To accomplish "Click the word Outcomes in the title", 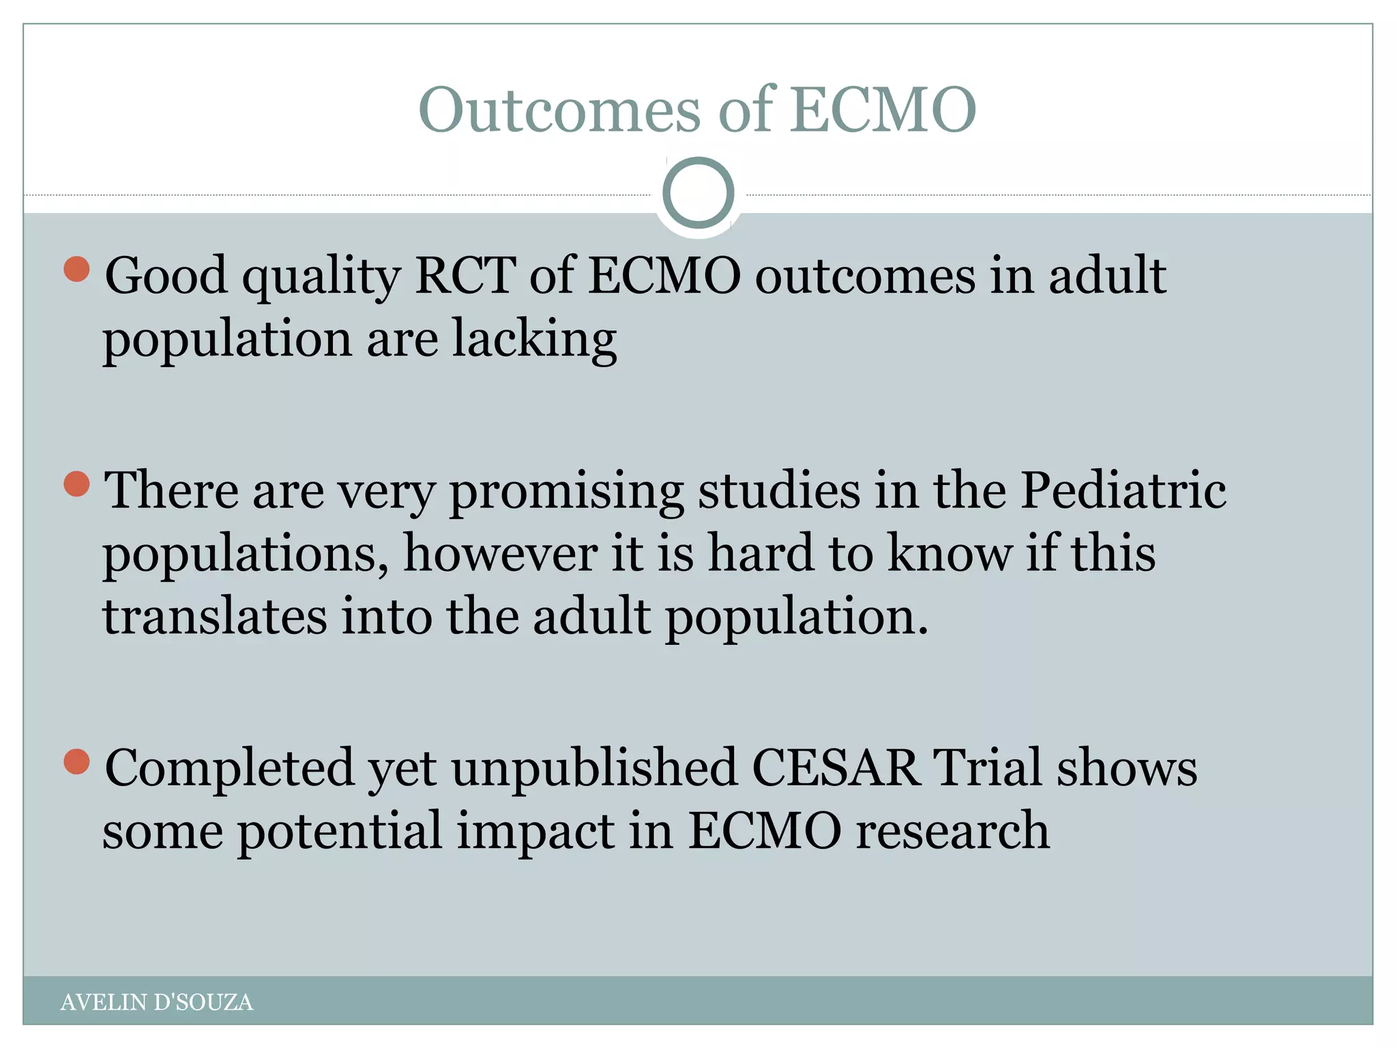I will pos(559,111).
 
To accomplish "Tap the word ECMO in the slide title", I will pos(884,111).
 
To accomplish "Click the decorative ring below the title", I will pos(698,193).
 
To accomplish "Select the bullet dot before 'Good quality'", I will pos(76,269).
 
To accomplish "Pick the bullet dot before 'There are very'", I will pos(76,484).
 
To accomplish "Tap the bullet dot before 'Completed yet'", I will pos(76,761).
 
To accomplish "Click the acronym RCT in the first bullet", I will pos(465,276).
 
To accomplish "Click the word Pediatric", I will pos(1123,491).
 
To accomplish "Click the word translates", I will pos(215,616).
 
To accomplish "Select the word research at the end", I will pos(952,832).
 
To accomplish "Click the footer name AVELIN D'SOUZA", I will pos(156,1002).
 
